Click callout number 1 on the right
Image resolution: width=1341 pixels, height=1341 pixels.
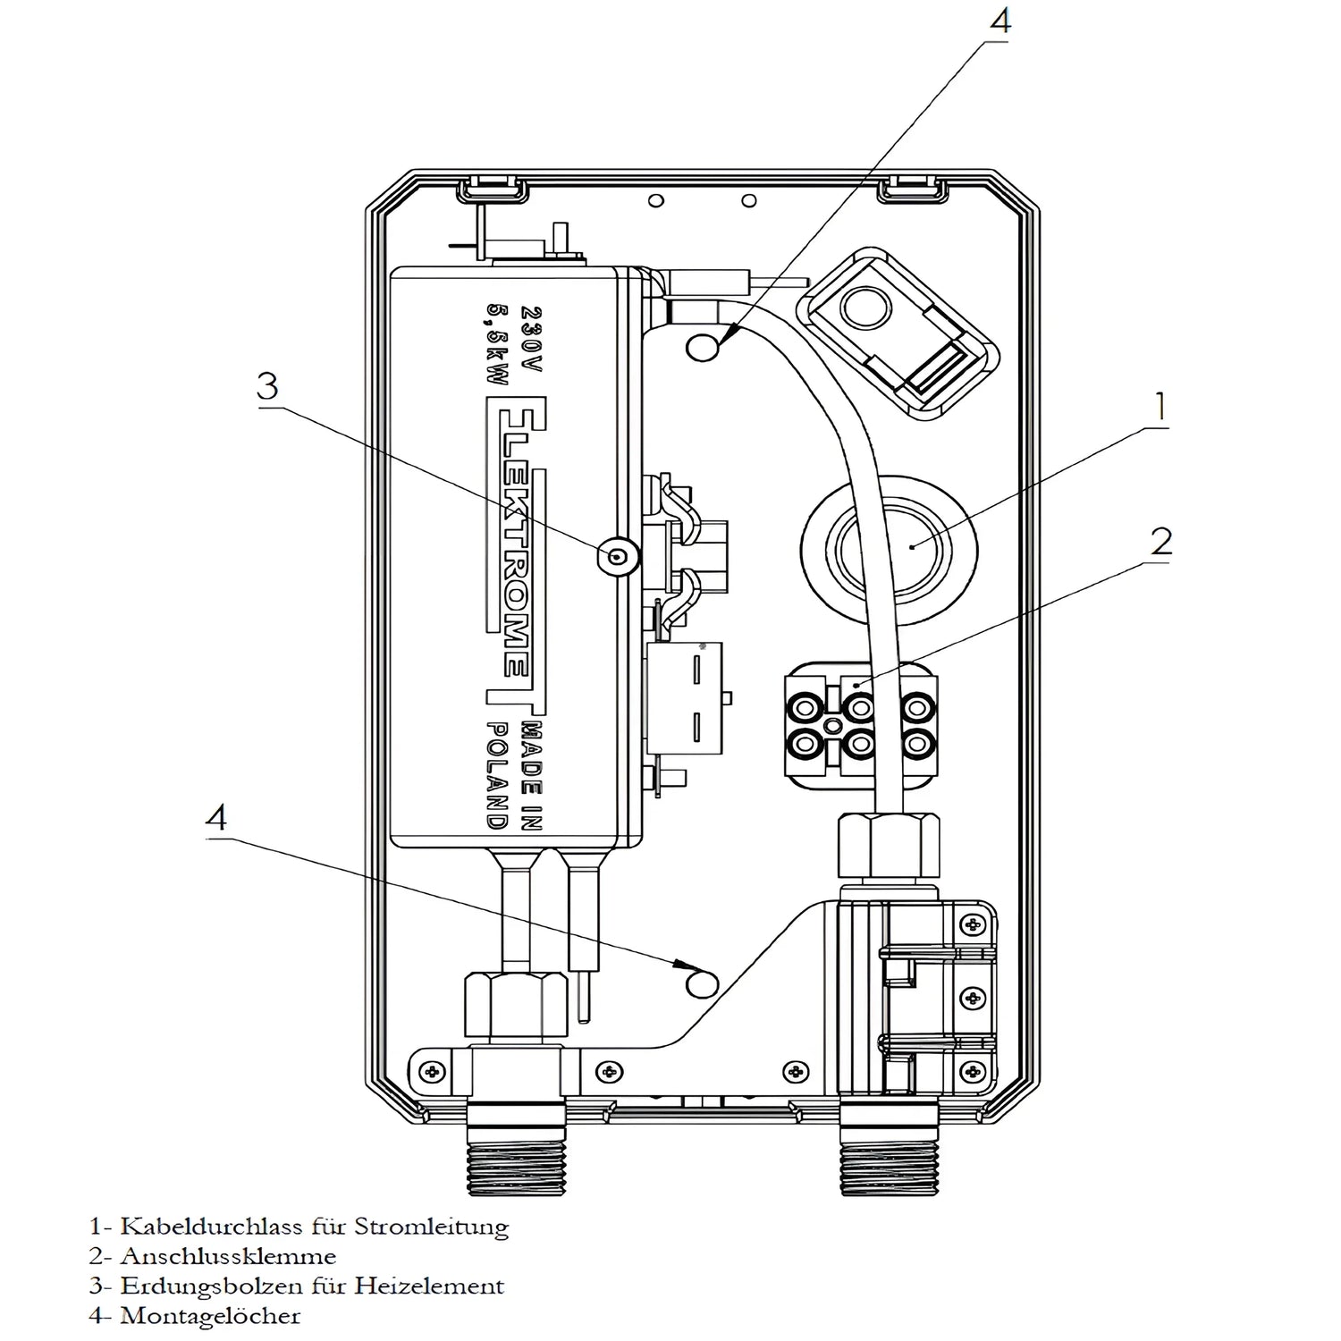(1160, 407)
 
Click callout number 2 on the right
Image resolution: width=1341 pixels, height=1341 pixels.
(1160, 542)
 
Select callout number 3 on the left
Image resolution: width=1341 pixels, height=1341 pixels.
(267, 386)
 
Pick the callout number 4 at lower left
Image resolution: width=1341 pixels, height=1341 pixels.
(217, 817)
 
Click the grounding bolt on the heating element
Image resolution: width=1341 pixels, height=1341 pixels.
(617, 558)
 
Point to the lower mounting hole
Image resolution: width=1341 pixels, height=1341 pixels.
(701, 983)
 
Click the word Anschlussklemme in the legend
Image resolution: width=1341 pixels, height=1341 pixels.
(228, 1256)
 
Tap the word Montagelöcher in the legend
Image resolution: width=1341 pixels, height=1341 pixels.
(210, 1316)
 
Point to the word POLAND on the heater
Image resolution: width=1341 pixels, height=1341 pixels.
(497, 773)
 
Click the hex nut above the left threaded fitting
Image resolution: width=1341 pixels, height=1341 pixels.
(516, 1006)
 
